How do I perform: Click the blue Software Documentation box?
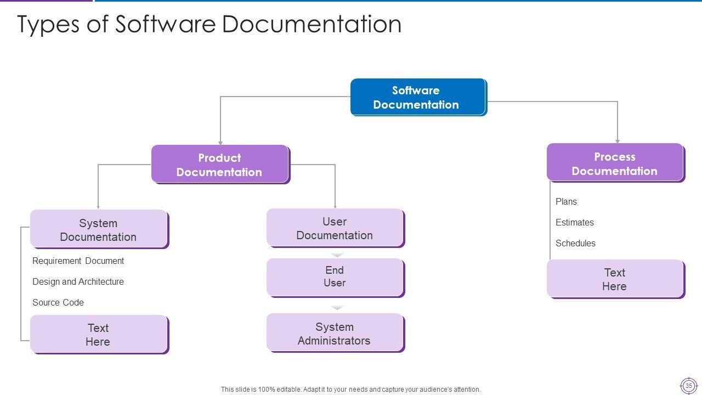tap(417, 97)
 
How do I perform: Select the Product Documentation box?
tap(219, 164)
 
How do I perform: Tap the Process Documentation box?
tap(615, 163)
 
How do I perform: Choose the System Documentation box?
tap(98, 229)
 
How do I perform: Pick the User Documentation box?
tap(335, 228)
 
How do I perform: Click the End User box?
tap(335, 277)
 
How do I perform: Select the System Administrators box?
tap(335, 333)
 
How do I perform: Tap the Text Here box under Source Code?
tap(98, 334)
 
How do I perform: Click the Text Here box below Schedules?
tap(615, 279)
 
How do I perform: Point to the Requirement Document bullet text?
tap(78, 261)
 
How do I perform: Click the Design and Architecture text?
tap(78, 281)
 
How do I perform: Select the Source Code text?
tap(58, 302)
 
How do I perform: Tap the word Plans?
tap(566, 201)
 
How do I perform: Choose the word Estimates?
tap(574, 222)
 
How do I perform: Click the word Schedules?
tap(575, 243)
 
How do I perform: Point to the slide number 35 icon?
tap(688, 385)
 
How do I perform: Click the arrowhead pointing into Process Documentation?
tap(618, 141)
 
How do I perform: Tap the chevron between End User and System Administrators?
tap(338, 308)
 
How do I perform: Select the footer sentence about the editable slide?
tap(350, 390)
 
